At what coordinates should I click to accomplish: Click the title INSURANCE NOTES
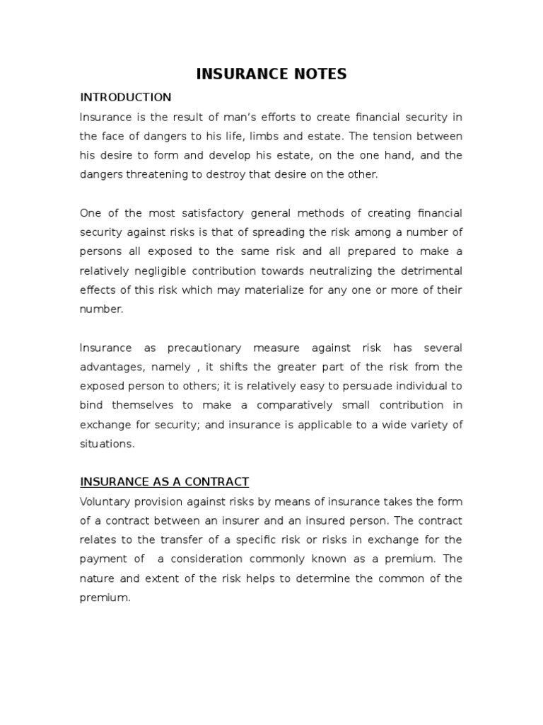pos(271,74)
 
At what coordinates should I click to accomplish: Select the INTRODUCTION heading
pos(125,97)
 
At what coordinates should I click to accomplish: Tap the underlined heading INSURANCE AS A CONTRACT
pos(164,481)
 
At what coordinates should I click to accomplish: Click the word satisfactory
pos(204,213)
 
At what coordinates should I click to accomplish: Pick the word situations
pos(106,443)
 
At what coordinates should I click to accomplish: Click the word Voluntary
pos(104,501)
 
